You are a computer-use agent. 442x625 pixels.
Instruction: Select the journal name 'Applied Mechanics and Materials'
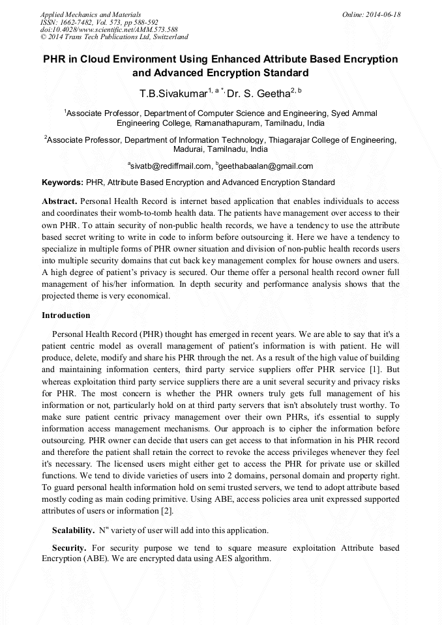tap(91, 14)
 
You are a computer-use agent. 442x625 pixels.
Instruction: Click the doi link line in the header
tap(109, 29)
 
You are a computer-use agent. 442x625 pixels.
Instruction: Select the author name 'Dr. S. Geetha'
tap(258, 93)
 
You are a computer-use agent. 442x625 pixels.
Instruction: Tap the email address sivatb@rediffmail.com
tap(171, 166)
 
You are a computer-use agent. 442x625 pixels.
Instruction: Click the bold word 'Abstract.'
tap(59, 202)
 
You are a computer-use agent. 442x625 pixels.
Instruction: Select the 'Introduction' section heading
tap(65, 315)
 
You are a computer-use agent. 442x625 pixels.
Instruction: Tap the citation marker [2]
tap(168, 511)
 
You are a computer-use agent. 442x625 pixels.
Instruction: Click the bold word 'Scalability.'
tap(74, 529)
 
